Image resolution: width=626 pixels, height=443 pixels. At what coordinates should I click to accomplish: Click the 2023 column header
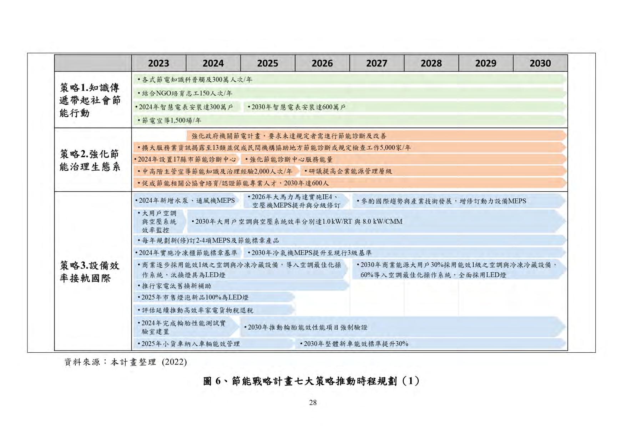(x=158, y=63)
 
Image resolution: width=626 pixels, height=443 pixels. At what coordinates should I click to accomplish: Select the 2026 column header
(x=322, y=63)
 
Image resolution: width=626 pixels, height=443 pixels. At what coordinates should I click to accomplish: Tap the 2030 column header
(x=540, y=63)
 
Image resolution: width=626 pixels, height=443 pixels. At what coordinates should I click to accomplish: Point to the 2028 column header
(x=431, y=63)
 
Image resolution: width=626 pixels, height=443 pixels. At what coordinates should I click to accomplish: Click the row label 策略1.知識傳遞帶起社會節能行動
(x=90, y=100)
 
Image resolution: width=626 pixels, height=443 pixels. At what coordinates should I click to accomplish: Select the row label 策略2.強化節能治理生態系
(x=90, y=160)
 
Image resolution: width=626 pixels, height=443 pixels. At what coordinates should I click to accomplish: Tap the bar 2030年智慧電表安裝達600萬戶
(x=298, y=107)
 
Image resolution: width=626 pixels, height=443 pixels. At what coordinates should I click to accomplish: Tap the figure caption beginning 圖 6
(x=311, y=381)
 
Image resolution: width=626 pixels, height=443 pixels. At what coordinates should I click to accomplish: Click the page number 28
(x=313, y=403)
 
